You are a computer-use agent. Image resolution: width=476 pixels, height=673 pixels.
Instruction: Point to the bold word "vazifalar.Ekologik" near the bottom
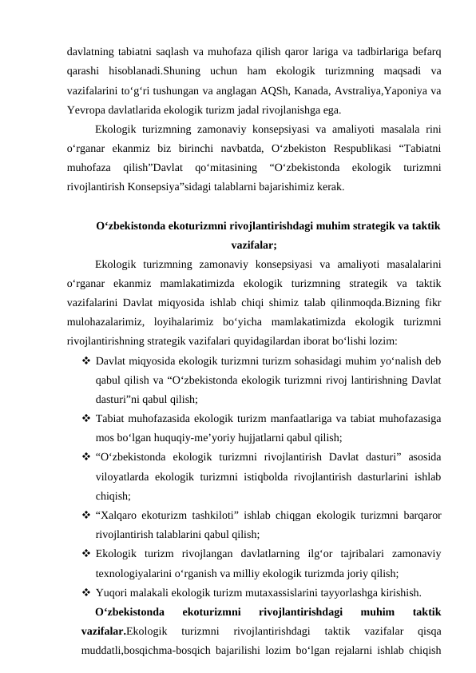tap(124, 631)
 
